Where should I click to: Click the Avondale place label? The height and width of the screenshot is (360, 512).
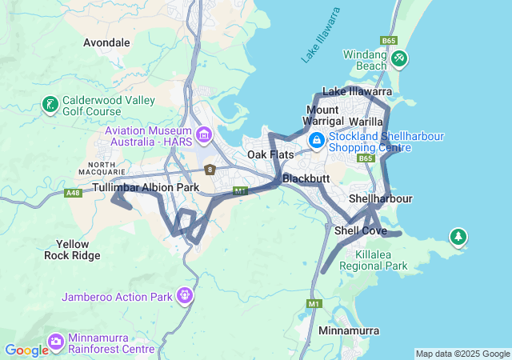[106, 42]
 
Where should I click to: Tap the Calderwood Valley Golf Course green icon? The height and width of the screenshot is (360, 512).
[50, 104]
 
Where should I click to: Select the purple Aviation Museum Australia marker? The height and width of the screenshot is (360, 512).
[204, 135]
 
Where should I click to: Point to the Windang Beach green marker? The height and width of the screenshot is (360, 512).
[399, 59]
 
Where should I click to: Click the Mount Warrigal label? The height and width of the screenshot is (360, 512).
[323, 114]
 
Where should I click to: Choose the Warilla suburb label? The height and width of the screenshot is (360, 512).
[366, 122]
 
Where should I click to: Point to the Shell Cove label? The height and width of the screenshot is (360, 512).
[360, 230]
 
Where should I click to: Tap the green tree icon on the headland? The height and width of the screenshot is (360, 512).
[458, 237]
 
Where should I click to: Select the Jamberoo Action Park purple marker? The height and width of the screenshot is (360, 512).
[186, 296]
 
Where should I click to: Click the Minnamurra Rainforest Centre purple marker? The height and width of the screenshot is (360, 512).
[56, 342]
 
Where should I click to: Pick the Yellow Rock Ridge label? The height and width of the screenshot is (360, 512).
[73, 250]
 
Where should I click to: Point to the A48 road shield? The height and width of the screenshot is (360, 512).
[74, 193]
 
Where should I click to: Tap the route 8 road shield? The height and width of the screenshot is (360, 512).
[210, 170]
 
